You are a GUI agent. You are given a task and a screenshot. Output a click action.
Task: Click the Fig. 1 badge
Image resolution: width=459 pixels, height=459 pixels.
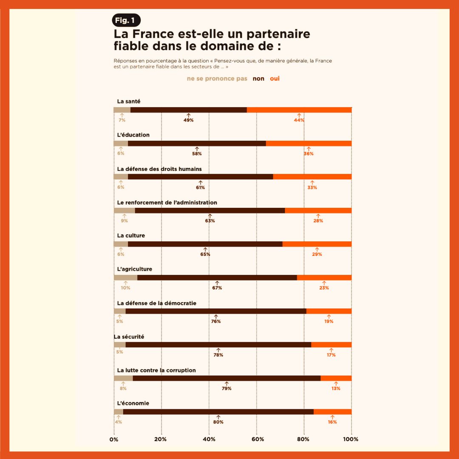pyautogui.click(x=126, y=20)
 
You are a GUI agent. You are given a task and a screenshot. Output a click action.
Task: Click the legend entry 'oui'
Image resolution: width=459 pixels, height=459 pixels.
pyautogui.click(x=275, y=79)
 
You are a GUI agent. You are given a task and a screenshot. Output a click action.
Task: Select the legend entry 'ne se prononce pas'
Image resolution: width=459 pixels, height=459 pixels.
pyautogui.click(x=217, y=79)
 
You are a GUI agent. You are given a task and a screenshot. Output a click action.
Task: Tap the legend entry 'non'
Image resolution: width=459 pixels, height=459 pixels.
pyautogui.click(x=258, y=79)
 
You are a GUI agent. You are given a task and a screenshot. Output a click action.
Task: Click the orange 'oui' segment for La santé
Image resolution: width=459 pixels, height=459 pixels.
pyautogui.click(x=299, y=110)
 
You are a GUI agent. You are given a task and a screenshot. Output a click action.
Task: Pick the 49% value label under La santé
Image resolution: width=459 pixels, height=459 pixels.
pyautogui.click(x=188, y=120)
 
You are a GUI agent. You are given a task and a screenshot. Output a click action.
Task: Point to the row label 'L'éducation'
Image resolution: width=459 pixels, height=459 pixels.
pyautogui.click(x=133, y=135)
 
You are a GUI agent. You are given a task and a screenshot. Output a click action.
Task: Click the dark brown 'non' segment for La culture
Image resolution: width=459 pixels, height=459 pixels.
pyautogui.click(x=205, y=244)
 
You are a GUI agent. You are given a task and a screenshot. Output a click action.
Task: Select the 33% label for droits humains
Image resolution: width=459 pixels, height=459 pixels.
pyautogui.click(x=312, y=187)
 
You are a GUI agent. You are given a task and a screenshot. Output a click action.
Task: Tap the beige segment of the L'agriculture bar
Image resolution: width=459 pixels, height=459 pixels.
pyautogui.click(x=125, y=278)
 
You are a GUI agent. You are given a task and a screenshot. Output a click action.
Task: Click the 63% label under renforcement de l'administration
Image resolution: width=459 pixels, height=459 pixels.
pyautogui.click(x=210, y=221)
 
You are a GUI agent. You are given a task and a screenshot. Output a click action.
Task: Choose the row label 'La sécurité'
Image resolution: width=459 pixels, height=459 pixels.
pyautogui.click(x=129, y=337)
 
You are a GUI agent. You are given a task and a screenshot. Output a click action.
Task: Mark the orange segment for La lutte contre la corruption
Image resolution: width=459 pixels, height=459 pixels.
pyautogui.click(x=336, y=378)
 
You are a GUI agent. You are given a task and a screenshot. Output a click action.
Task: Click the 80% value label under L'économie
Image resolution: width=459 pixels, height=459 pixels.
pyautogui.click(x=218, y=422)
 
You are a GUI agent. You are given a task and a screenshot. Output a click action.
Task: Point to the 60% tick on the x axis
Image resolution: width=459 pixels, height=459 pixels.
pyautogui.click(x=256, y=439)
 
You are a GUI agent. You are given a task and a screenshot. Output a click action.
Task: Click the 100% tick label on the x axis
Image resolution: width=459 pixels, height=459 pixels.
pyautogui.click(x=351, y=439)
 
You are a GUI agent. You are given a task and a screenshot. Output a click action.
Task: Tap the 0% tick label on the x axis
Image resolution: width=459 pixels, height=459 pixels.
pyautogui.click(x=114, y=439)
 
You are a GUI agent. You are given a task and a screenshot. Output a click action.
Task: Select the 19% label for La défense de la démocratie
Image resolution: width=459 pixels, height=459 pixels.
pyautogui.click(x=329, y=322)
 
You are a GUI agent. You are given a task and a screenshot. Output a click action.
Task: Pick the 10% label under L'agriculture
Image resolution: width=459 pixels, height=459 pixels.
pyautogui.click(x=125, y=288)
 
